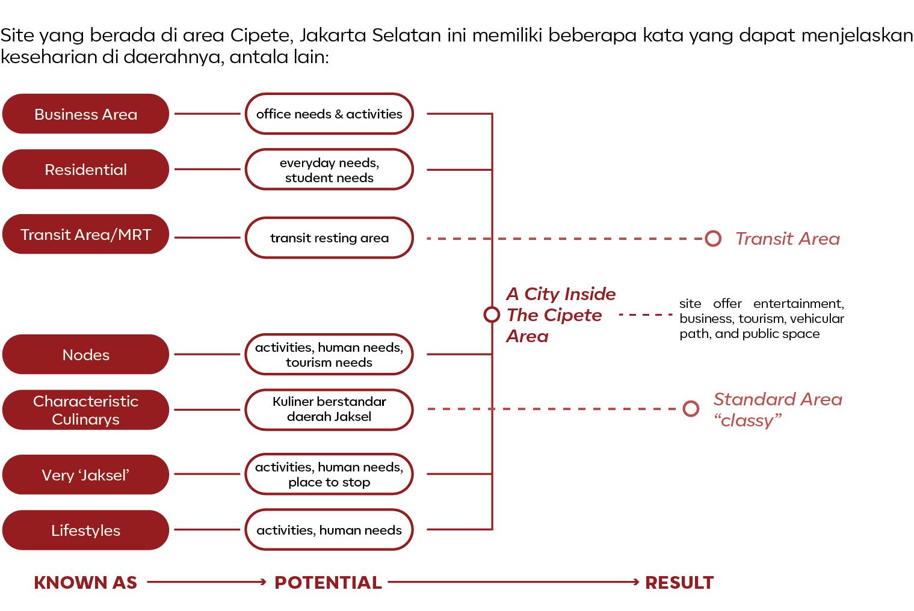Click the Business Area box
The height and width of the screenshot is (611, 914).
point(85,114)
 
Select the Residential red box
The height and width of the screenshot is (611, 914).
point(85,170)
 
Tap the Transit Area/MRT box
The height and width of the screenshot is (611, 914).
point(85,235)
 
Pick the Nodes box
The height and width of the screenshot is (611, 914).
point(85,355)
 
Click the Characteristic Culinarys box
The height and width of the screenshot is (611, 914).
point(85,410)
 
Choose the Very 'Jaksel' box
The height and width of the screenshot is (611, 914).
point(85,475)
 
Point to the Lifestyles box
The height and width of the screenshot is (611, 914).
point(85,530)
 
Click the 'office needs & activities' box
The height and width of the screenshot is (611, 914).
point(329,114)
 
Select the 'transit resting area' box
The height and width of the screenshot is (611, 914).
point(329,238)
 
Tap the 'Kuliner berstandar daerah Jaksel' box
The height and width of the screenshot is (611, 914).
point(329,410)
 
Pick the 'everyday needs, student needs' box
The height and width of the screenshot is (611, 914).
point(329,170)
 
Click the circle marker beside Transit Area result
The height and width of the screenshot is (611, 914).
point(713,239)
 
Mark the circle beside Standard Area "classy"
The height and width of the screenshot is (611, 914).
point(691,409)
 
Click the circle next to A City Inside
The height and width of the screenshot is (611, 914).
point(492,315)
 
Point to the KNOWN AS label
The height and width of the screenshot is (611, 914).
point(85,582)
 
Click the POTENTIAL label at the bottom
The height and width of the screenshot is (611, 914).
point(328,582)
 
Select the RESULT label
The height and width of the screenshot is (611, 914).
point(679,582)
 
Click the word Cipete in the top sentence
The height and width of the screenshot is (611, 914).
point(261,35)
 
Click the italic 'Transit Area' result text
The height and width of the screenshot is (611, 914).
point(787,239)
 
